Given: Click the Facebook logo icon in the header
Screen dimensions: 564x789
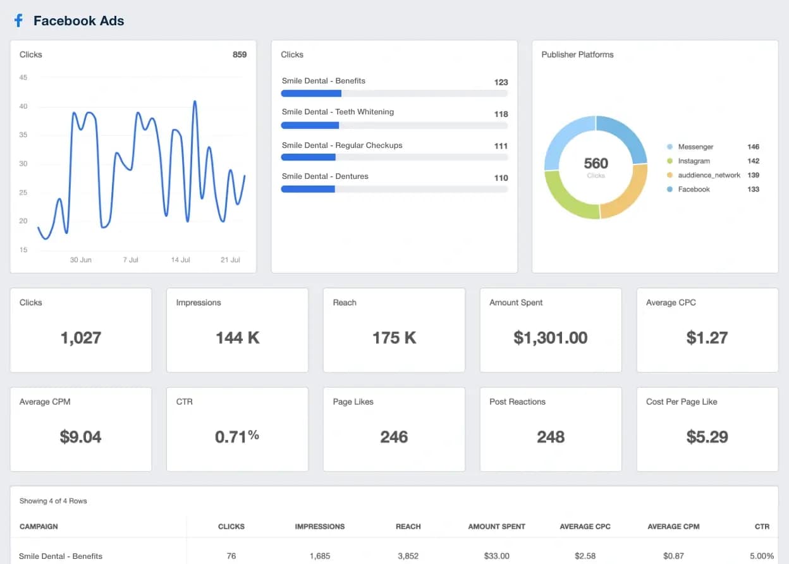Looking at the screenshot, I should pos(18,21).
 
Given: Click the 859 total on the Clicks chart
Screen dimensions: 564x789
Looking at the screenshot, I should pos(240,54).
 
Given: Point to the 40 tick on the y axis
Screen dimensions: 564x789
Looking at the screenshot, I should pos(23,106).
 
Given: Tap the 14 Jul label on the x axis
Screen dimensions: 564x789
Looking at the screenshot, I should pos(181,260).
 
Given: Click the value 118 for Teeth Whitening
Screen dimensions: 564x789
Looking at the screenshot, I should pos(501,114).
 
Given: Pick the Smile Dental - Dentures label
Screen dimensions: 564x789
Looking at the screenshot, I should pos(325,176).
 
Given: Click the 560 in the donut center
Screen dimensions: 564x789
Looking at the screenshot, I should pos(596,164).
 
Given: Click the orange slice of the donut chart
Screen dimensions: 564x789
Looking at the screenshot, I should pos(629,193).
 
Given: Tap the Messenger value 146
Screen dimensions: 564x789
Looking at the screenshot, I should pos(753,147).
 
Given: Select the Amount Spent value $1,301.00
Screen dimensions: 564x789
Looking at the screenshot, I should pos(550,338).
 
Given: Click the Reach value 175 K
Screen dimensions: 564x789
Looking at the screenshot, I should pos(394,338).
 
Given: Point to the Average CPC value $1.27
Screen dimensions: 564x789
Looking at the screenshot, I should pos(707,338).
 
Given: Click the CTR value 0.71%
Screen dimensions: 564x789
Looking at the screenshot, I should pos(237,436).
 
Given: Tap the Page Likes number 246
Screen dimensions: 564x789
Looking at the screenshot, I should pos(394,436).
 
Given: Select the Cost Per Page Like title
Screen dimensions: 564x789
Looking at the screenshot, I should pos(682,402).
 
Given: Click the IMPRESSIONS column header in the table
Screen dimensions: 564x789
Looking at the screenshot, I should pos(319,526).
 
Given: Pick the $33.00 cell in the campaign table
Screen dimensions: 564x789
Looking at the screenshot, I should pos(496,556).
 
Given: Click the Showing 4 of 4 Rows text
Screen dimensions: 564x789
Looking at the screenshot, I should pos(53,501).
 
